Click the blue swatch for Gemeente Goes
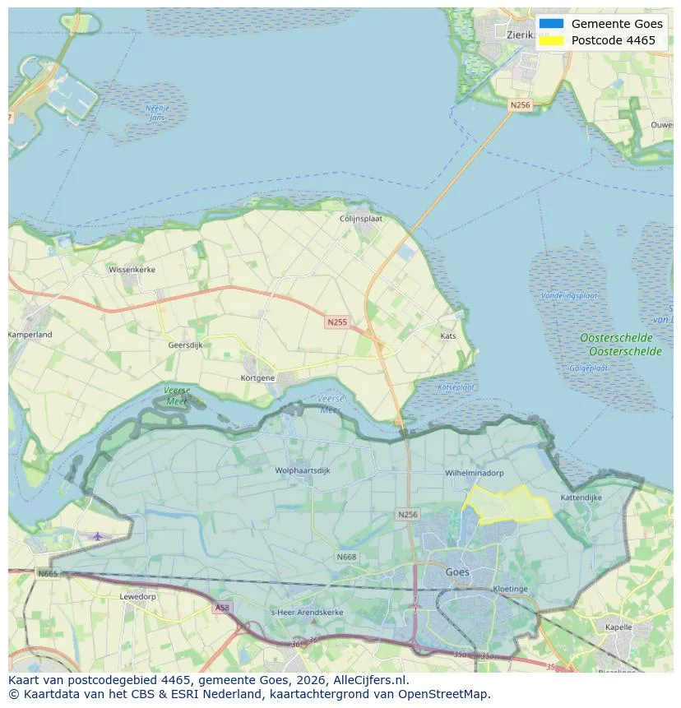[552, 24]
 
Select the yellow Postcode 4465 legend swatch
[552, 40]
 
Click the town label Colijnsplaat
[363, 219]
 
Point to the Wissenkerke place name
[132, 269]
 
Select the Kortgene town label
[257, 377]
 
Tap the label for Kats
[448, 335]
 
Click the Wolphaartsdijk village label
[303, 471]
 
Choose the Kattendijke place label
[581, 497]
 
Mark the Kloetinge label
[510, 590]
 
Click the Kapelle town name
[618, 627]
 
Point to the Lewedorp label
[137, 596]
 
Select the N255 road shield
[336, 322]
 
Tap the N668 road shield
[346, 557]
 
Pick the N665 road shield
[48, 573]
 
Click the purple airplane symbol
[98, 536]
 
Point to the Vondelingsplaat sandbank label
[569, 295]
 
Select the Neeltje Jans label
[156, 113]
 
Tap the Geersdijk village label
[185, 345]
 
